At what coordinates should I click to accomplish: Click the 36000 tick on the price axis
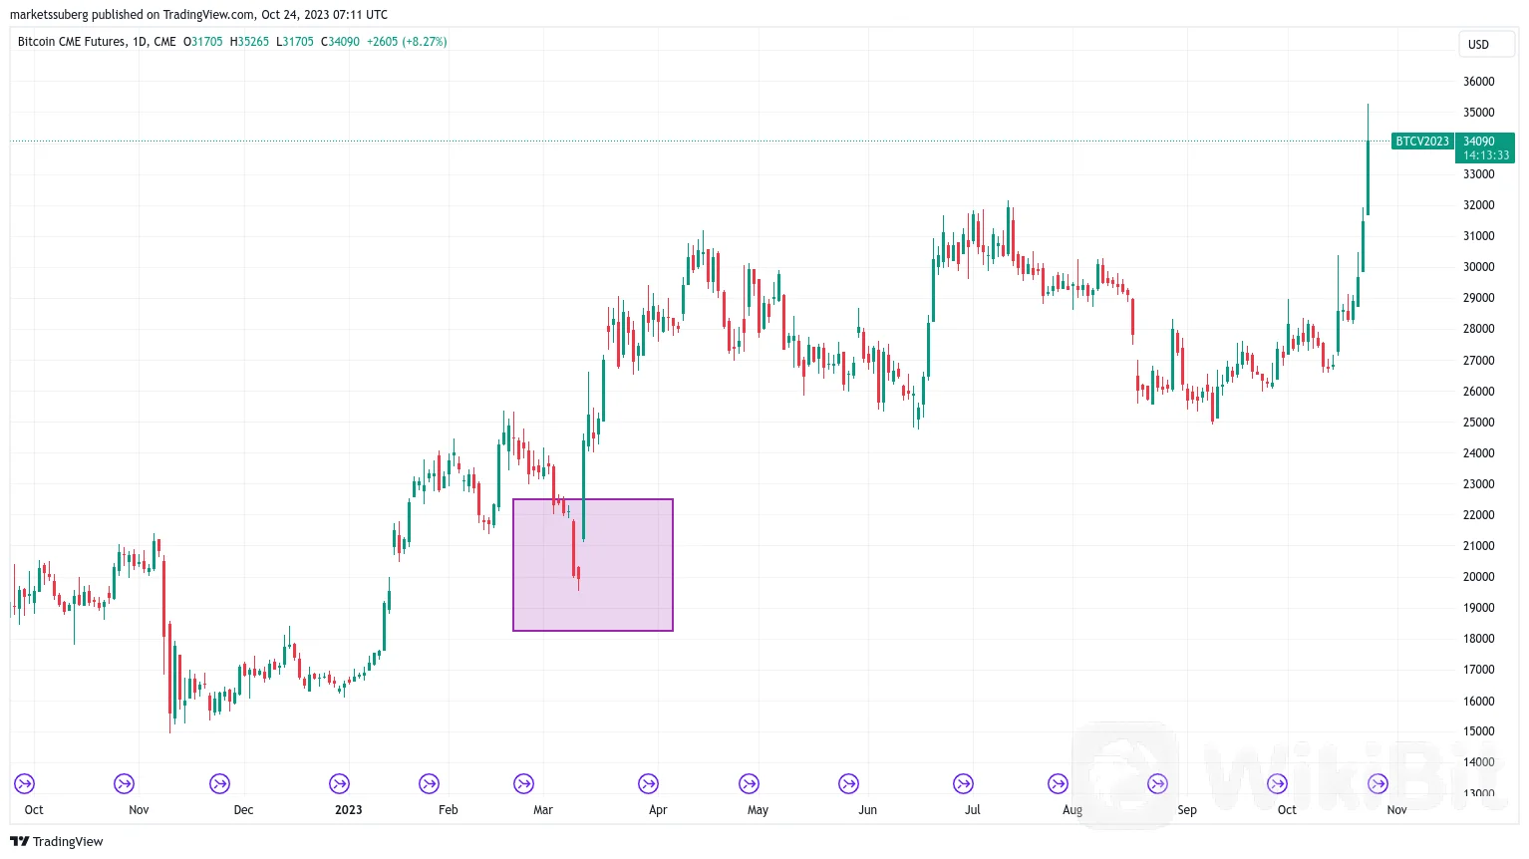1478,82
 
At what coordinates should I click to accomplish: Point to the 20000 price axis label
1478,577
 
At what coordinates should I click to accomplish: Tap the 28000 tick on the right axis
1478,329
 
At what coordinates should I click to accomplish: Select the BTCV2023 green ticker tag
1421,142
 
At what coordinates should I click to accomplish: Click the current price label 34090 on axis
1479,142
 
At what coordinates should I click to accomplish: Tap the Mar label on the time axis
543,810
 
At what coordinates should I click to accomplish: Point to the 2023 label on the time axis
349,810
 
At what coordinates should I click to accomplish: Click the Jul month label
972,810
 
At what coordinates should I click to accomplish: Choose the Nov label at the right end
1396,810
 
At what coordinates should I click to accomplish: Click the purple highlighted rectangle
593,565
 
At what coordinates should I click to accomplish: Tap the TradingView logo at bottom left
57,842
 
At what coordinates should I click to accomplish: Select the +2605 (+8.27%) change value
407,42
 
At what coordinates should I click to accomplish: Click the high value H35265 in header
249,42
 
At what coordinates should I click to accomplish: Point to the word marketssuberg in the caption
48,15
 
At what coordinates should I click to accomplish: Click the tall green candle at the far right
1368,177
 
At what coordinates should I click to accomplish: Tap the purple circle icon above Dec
219,784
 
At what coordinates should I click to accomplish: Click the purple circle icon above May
749,784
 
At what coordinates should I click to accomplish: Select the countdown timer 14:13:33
1486,155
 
